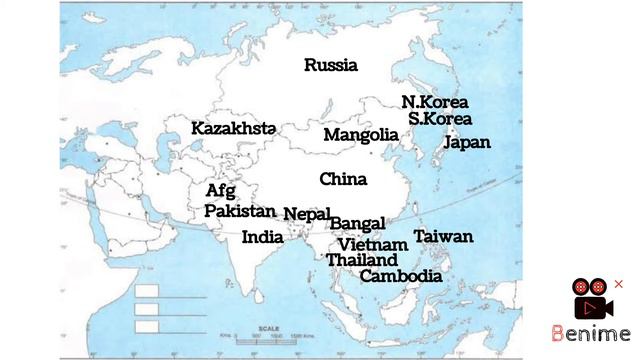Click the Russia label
331,66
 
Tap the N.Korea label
434,102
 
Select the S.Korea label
439,119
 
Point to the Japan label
466,142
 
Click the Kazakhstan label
233,129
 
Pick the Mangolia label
360,135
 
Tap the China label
343,180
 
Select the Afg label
220,191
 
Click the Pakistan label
240,211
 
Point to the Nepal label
306,214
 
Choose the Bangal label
357,224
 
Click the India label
262,238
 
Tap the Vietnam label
372,244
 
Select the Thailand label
361,260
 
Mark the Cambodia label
400,276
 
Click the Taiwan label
443,237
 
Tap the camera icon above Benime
591,299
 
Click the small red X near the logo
618,284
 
